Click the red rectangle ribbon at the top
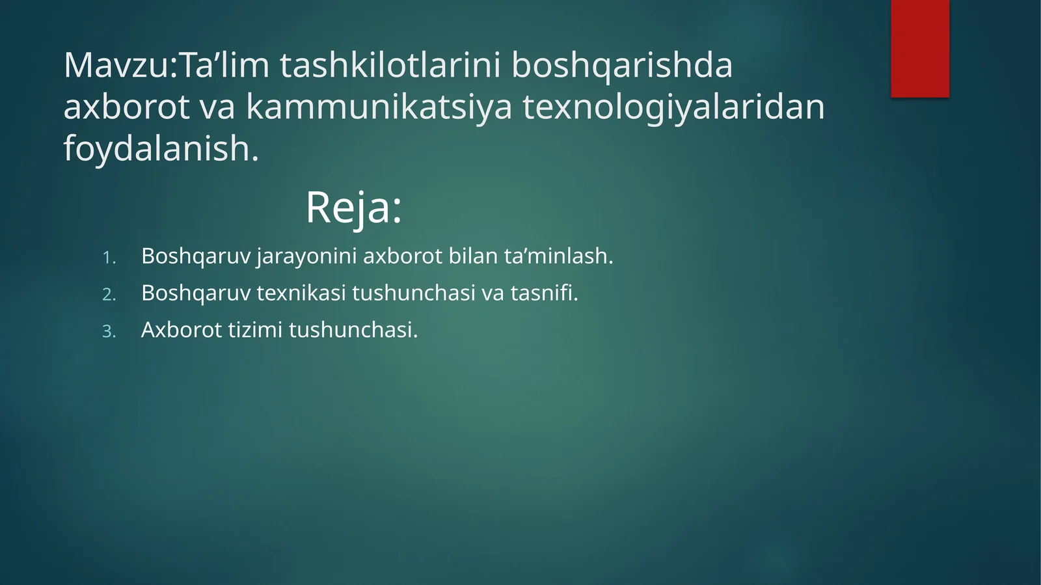point(919,48)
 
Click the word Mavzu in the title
point(117,65)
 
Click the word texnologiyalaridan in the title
point(673,107)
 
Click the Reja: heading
point(353,208)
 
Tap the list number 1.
point(109,258)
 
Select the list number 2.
point(109,295)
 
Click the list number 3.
point(109,332)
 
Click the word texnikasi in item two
point(301,293)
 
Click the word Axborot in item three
point(182,330)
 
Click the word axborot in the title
point(126,107)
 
